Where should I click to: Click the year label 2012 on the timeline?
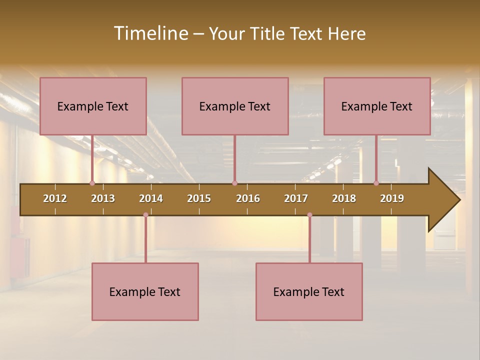click(55, 198)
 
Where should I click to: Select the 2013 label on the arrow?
click(103, 198)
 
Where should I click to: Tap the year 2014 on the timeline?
click(151, 198)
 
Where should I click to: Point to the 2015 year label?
click(199, 198)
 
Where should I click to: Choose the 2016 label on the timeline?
click(248, 198)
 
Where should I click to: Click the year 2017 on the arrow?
click(296, 198)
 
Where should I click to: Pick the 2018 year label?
click(344, 198)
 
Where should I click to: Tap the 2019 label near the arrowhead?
click(392, 198)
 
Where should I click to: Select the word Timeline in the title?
click(150, 33)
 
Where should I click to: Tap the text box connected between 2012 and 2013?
click(93, 106)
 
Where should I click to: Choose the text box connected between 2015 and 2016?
click(235, 106)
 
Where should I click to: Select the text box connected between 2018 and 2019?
click(377, 106)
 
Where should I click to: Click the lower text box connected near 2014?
click(145, 291)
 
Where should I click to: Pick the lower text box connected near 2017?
click(309, 291)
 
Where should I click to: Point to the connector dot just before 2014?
click(145, 215)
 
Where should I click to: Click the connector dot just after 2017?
click(309, 215)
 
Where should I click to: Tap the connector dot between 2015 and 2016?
click(234, 183)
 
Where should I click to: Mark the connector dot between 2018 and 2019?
click(376, 183)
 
